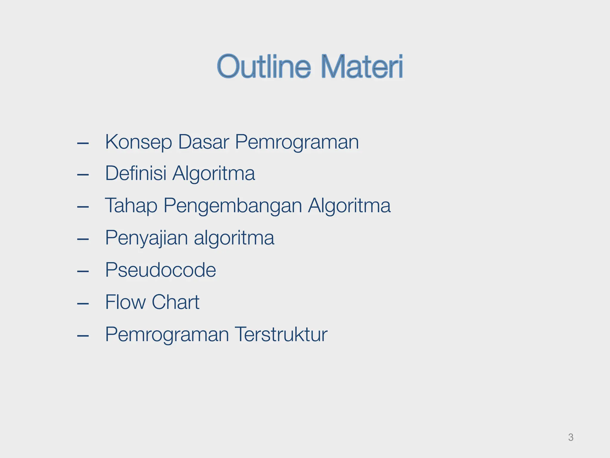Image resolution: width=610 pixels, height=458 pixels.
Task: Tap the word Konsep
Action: (139, 142)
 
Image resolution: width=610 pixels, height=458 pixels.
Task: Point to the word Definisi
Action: (136, 173)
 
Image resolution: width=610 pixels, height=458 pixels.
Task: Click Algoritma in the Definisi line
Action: (214, 173)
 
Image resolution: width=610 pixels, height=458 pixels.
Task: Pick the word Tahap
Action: (131, 206)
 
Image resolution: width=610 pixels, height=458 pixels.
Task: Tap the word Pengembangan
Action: (233, 206)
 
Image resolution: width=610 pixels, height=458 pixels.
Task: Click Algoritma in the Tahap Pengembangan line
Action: (349, 206)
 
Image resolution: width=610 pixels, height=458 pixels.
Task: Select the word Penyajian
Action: (146, 238)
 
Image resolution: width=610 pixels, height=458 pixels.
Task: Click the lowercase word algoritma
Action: (234, 238)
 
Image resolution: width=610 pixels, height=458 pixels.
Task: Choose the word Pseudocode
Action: (161, 270)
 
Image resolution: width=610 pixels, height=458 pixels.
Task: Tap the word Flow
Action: (125, 302)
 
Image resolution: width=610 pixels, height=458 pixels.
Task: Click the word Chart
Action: (175, 302)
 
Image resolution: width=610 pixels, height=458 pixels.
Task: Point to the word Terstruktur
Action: (281, 334)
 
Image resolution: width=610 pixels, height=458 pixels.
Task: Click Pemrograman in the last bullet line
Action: (167, 334)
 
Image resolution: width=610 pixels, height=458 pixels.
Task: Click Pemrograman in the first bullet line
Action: (297, 142)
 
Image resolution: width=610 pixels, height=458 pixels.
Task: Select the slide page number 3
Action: (571, 437)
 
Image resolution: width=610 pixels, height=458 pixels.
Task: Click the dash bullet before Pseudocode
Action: (83, 271)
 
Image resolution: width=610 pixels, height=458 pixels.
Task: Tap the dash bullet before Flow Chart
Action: (83, 304)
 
